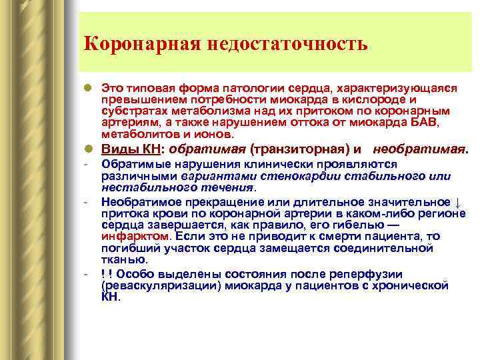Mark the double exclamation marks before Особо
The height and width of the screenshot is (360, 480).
[106, 275]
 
